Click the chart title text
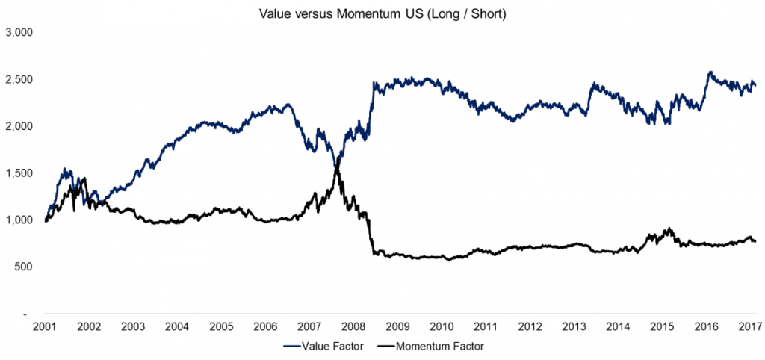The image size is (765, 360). point(383,14)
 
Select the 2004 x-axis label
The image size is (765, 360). point(178,326)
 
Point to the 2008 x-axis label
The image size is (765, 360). point(356,326)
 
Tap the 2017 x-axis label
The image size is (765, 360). point(749,326)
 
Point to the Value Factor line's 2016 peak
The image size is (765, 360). point(710,72)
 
